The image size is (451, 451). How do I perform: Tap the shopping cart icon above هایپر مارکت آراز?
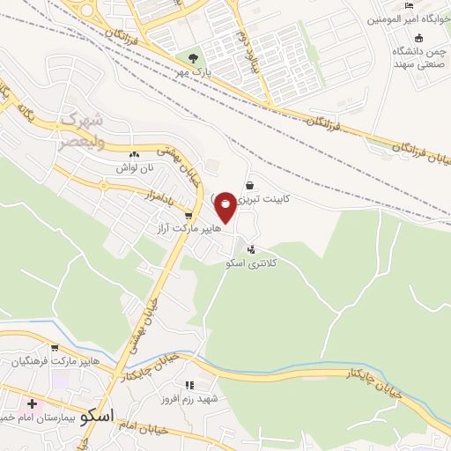point(188,215)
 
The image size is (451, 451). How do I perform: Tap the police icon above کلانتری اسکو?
point(253,250)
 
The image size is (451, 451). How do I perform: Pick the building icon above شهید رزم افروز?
point(189,385)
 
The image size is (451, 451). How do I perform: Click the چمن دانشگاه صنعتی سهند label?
point(418,58)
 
